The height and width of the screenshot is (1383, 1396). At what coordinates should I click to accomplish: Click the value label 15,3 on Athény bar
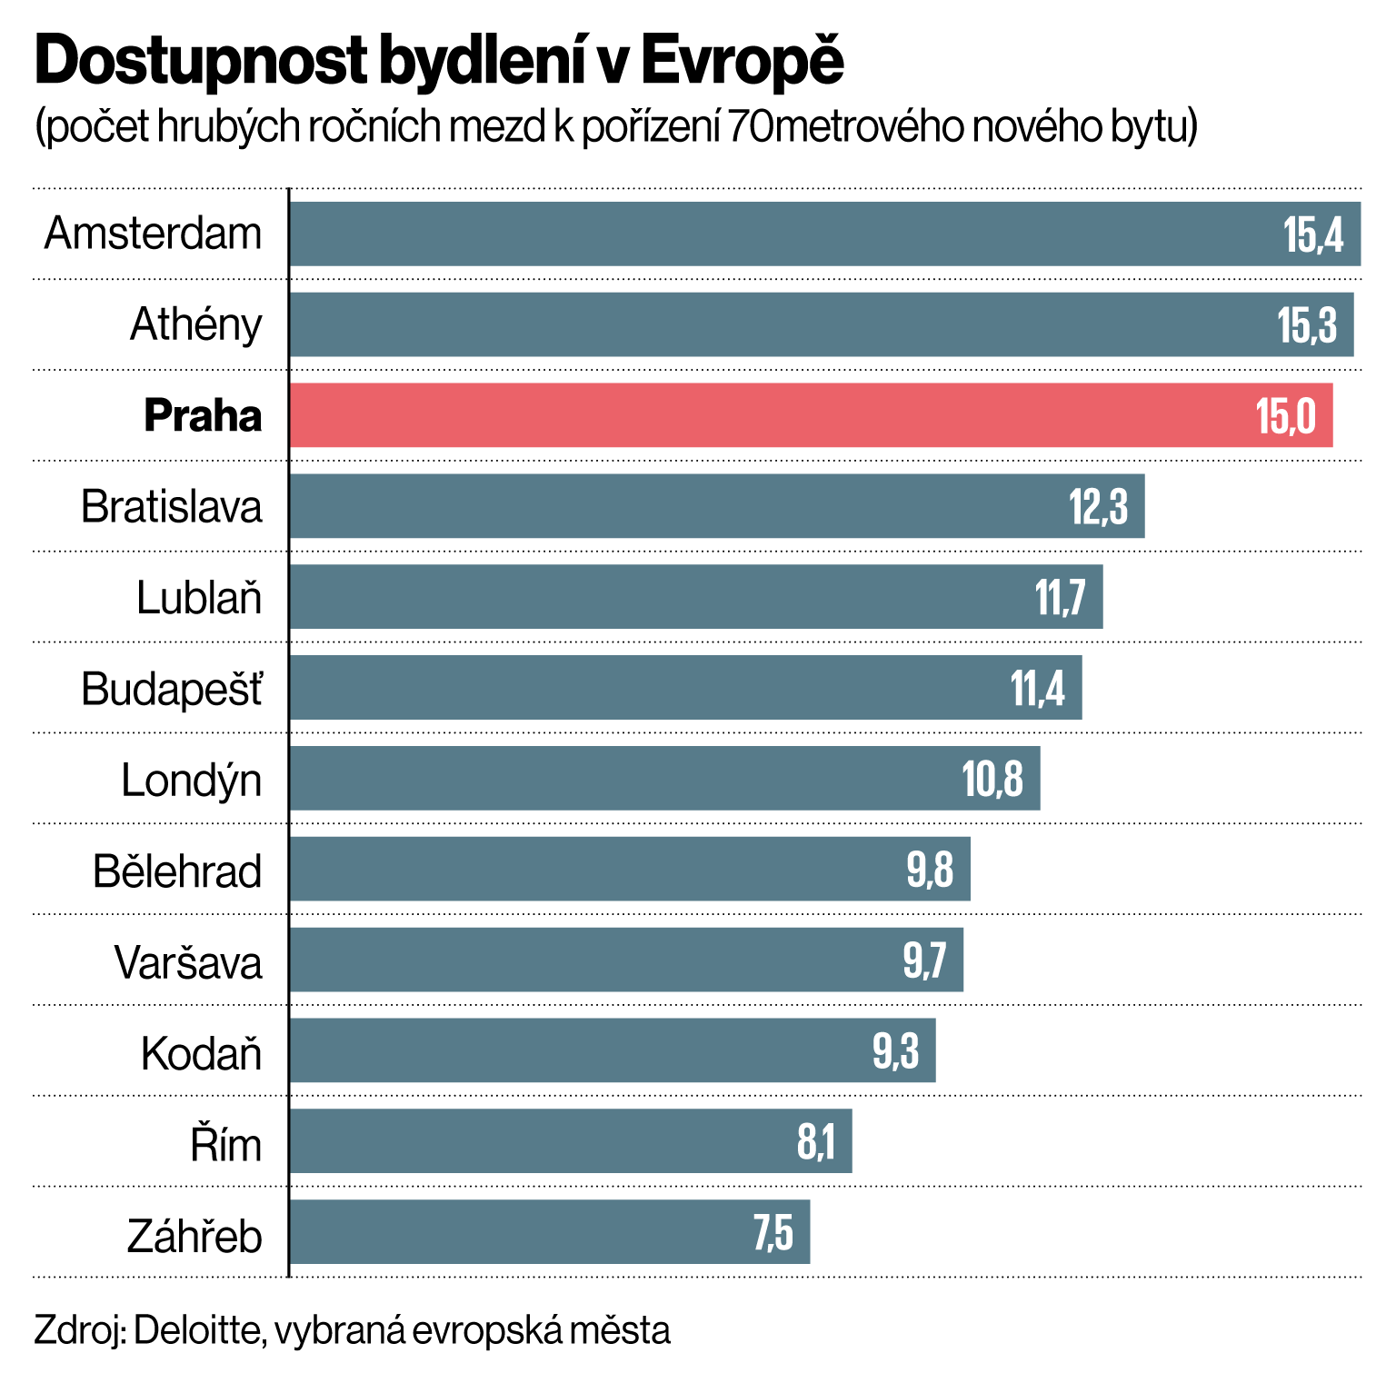(1307, 325)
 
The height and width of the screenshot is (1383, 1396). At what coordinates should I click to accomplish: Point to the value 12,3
(1098, 507)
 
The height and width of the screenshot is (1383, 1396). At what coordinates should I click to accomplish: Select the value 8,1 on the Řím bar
(815, 1142)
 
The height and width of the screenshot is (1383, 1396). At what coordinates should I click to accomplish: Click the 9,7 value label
(924, 960)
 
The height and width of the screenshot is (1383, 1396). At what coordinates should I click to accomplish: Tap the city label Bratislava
(172, 507)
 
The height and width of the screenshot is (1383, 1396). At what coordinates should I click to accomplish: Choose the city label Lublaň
(199, 598)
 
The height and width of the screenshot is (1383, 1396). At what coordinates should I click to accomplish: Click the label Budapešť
(172, 689)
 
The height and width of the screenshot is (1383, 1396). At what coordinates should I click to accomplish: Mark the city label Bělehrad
(177, 871)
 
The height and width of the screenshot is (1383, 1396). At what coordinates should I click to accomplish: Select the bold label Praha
(203, 416)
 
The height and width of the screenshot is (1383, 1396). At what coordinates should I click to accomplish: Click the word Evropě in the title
(742, 62)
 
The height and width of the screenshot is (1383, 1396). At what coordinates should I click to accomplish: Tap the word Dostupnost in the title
(200, 62)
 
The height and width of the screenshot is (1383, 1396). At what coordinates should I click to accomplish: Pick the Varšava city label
(188, 962)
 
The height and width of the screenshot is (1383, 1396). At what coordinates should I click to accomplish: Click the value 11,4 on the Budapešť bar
(1037, 689)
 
